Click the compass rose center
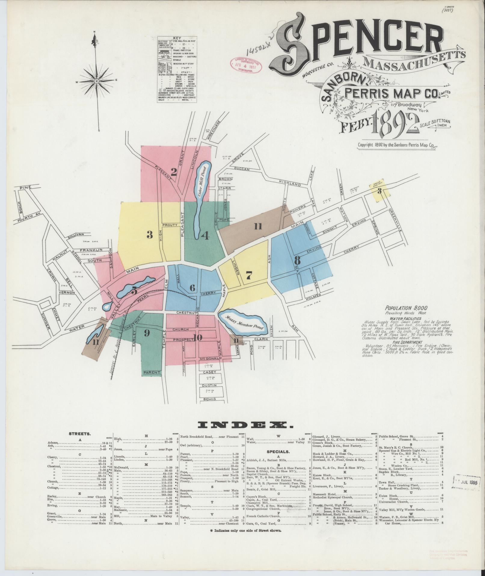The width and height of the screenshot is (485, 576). (96, 81)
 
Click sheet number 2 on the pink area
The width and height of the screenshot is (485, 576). (174, 172)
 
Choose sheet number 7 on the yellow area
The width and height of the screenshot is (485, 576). (248, 275)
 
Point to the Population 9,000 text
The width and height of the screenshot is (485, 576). (406, 308)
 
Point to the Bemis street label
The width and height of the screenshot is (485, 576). (210, 399)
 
